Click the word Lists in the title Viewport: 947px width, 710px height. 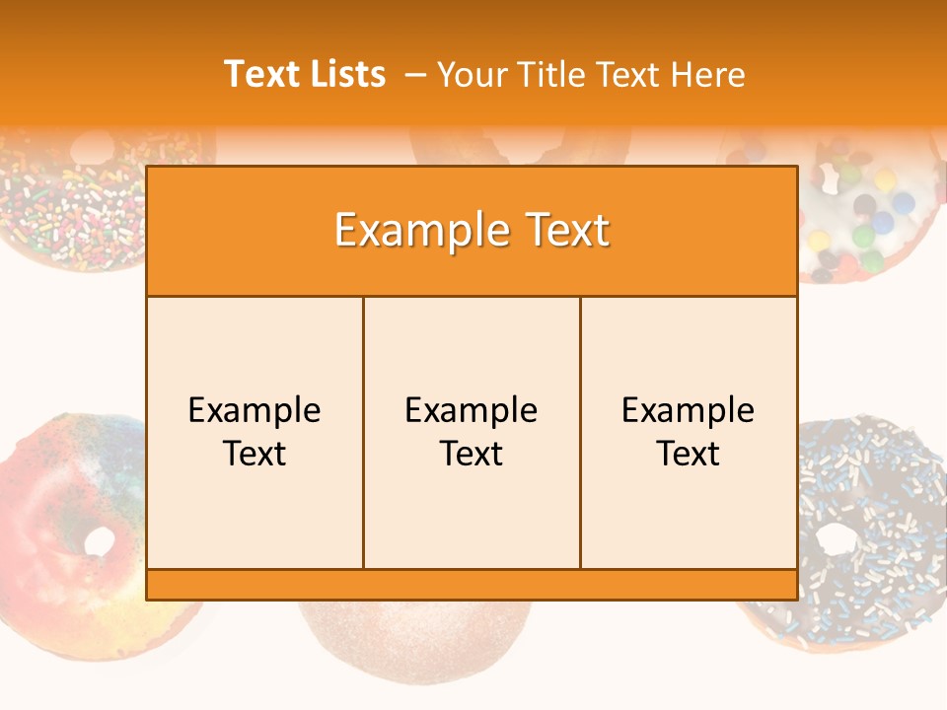pos(345,74)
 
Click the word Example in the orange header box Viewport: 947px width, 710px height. pos(414,231)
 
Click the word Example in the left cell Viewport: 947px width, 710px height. pos(255,410)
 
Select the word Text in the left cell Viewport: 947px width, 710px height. pos(255,454)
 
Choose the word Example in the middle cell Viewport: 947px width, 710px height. pos(472,410)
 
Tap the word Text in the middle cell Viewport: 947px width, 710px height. pos(472,454)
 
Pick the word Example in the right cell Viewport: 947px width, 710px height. pos(688,410)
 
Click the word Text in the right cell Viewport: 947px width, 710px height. pos(688,454)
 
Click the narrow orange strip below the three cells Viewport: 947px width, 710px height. pos(472,585)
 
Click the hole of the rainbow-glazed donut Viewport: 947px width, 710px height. pos(99,540)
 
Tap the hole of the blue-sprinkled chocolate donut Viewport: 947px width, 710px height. pos(836,538)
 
